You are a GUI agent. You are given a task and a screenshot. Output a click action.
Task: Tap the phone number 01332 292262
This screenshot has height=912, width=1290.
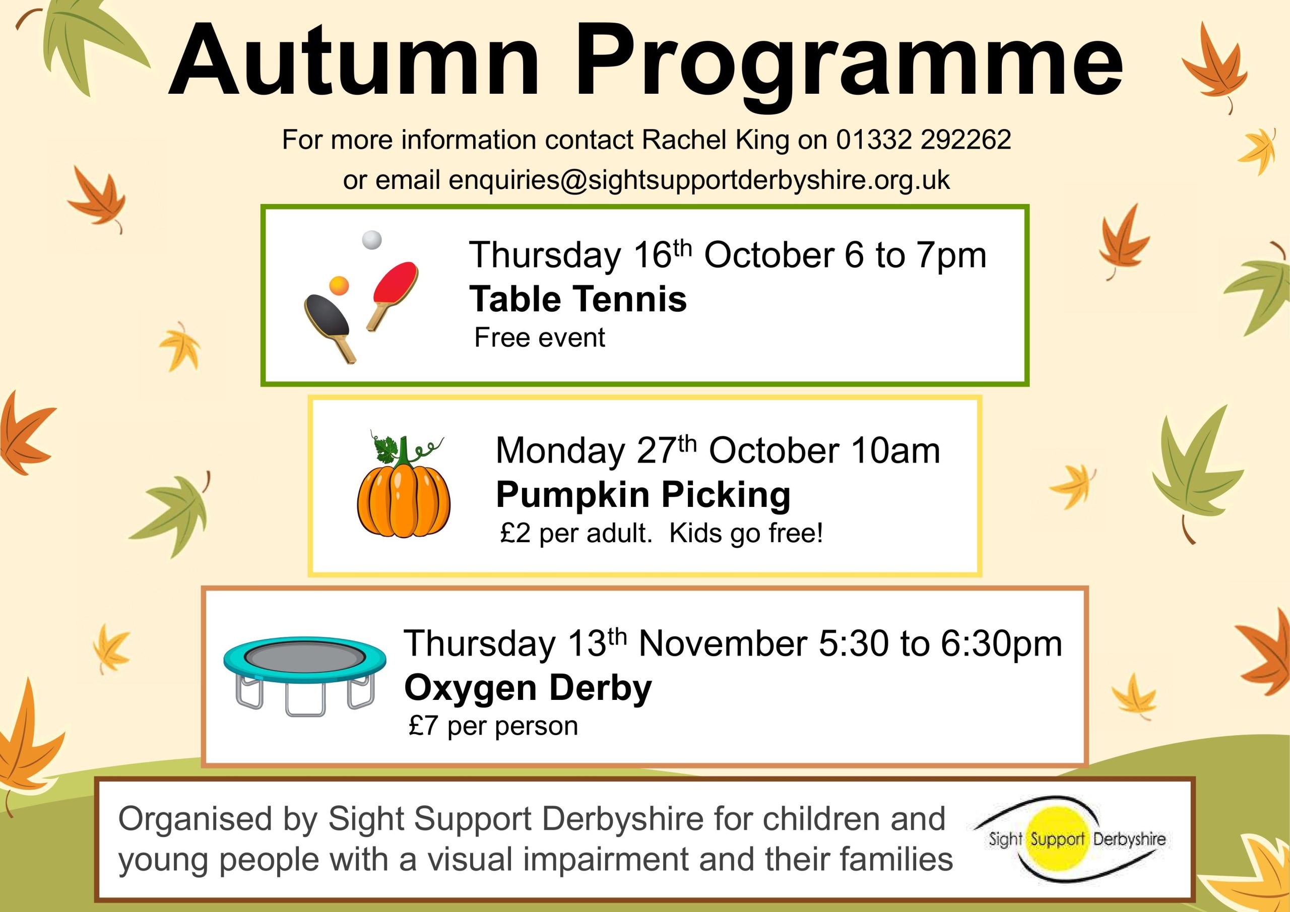[x=924, y=140]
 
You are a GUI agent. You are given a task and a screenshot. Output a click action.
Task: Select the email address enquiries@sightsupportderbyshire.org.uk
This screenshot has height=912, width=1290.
[x=699, y=180]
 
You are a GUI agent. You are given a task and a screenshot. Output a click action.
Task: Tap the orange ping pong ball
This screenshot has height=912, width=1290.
[x=339, y=286]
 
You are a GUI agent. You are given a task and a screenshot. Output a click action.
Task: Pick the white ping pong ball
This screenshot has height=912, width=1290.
[x=371, y=240]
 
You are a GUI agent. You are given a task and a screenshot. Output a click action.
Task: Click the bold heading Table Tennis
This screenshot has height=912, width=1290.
[x=578, y=298]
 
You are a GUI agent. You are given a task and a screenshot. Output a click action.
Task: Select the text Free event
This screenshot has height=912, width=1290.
[x=539, y=338]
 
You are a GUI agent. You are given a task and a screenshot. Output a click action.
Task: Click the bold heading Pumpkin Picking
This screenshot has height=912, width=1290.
[x=643, y=496]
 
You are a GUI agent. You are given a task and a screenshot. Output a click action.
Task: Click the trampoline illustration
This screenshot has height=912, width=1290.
[x=304, y=675]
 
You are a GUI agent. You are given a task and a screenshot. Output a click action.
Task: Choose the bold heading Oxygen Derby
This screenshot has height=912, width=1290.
[x=528, y=689]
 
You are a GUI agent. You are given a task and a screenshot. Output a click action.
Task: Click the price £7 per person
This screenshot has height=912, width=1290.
[x=493, y=726]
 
